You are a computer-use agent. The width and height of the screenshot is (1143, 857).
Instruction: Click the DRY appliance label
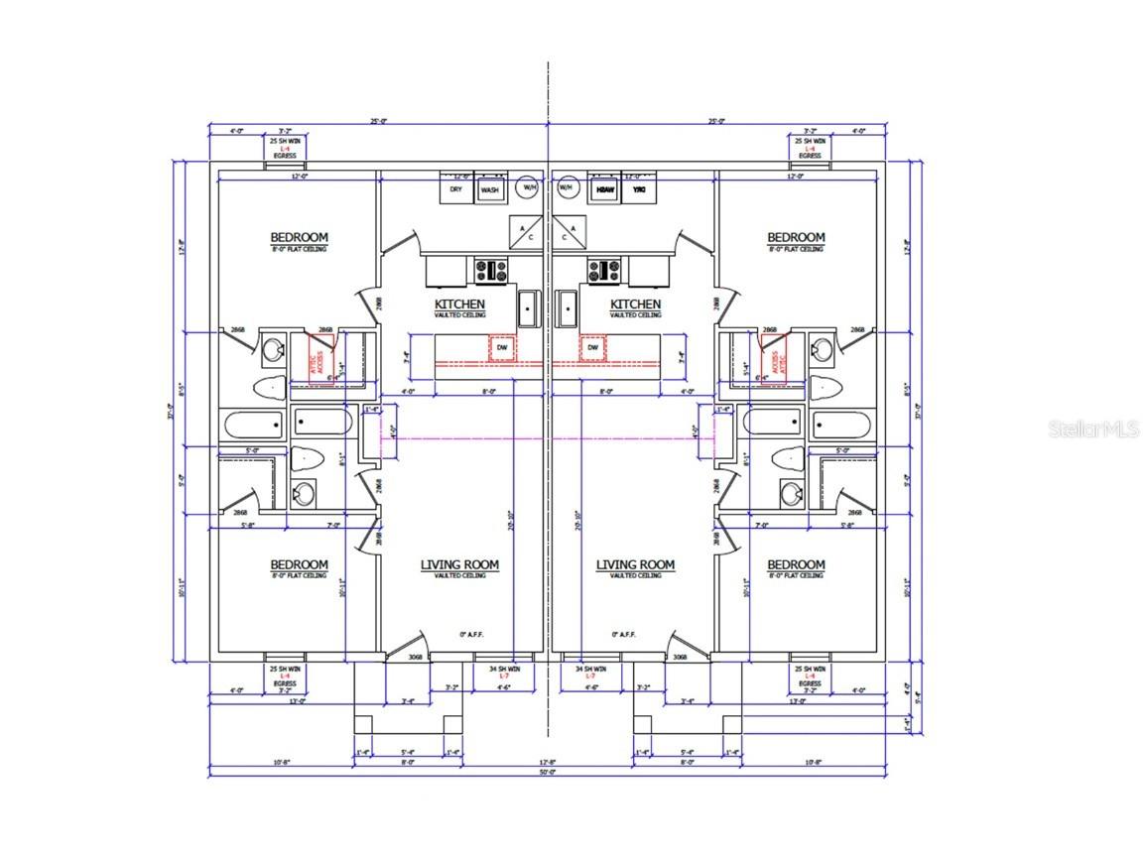pyautogui.click(x=455, y=188)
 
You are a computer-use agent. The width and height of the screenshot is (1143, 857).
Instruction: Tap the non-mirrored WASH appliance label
pyautogui.click(x=489, y=188)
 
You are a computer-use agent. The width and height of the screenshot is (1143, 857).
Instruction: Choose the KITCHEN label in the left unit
pyautogui.click(x=459, y=304)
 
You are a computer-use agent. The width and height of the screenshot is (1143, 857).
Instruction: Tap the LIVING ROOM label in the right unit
pyautogui.click(x=635, y=564)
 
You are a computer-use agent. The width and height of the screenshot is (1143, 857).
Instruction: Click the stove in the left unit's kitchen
pyautogui.click(x=491, y=269)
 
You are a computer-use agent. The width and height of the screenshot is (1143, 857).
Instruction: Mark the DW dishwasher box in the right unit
pyautogui.click(x=594, y=348)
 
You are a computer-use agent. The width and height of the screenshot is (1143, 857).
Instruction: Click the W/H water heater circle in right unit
pyautogui.click(x=567, y=186)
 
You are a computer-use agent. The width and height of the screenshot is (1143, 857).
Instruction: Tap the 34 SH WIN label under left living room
pyautogui.click(x=503, y=672)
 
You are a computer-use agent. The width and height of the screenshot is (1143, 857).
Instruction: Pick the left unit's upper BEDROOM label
pyautogui.click(x=299, y=237)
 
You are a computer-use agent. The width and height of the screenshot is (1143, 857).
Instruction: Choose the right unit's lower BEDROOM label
pyautogui.click(x=796, y=564)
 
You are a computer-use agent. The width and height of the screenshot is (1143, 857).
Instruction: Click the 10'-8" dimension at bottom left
pyautogui.click(x=225, y=761)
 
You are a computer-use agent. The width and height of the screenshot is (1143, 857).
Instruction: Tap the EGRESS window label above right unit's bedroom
pyautogui.click(x=810, y=156)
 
